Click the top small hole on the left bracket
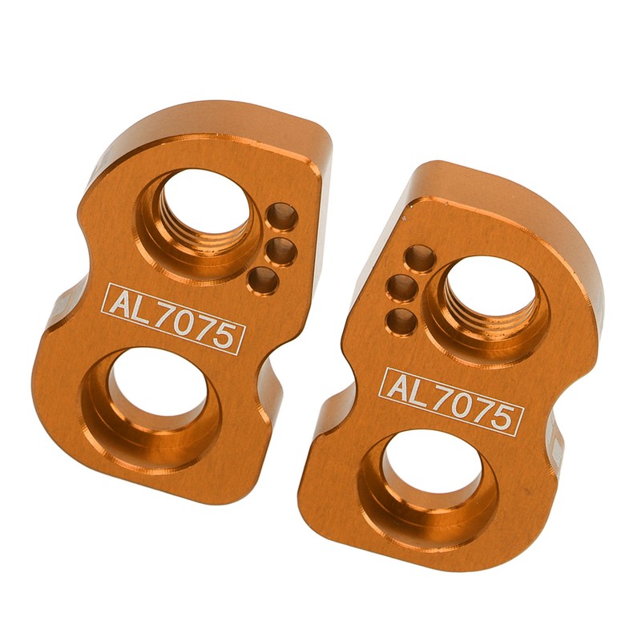coord(281,216)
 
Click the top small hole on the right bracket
coord(419,257)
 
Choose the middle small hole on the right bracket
coord(402,288)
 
